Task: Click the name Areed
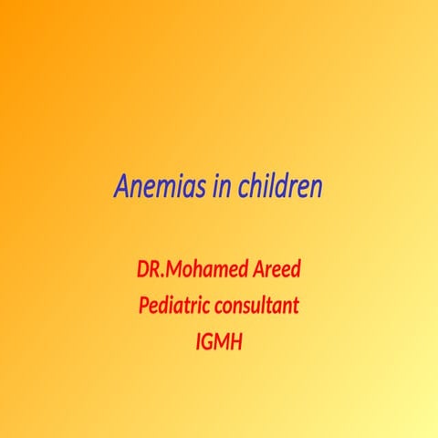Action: tap(276, 271)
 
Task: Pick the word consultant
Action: tap(258, 304)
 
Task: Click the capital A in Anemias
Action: tap(121, 186)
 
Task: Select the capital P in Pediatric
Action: tap(143, 304)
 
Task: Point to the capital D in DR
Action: tap(142, 271)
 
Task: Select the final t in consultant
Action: tap(296, 305)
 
